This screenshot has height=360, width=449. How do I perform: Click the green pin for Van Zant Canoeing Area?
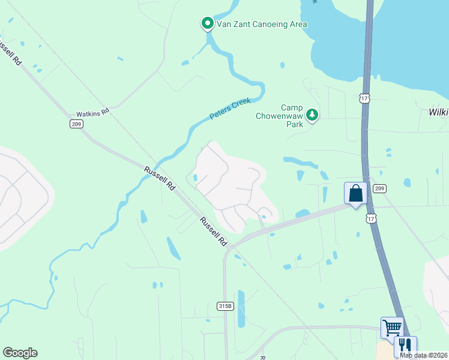207,23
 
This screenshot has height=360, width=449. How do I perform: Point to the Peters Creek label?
229,109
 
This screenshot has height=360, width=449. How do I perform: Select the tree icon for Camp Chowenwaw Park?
312,114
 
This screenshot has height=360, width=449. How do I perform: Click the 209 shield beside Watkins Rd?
75,124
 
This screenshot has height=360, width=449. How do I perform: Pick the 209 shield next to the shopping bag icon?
379,188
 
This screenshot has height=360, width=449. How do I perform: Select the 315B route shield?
224,306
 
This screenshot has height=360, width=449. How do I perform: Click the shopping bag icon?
355,194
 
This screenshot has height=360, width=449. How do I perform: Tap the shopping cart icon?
392,328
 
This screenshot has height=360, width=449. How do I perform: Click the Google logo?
20,353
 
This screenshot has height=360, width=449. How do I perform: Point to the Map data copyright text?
424,355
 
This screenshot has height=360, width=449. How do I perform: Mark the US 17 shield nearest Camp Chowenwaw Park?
364,98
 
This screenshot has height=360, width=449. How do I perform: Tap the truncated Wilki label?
438,112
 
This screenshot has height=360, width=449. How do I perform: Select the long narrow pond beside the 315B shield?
241,308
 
